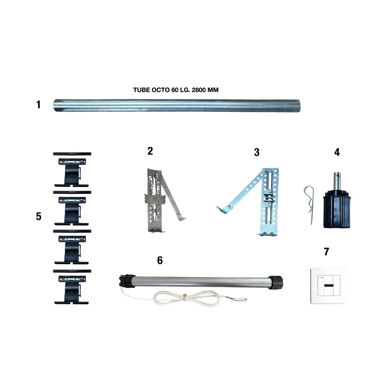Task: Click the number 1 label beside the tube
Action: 38,104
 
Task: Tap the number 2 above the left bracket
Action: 151,151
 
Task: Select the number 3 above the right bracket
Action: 257,152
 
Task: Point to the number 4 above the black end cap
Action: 337,152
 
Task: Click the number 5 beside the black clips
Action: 39,216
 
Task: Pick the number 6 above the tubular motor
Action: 160,261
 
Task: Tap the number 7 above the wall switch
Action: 326,252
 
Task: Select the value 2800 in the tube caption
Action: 198,90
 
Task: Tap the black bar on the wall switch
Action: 328,286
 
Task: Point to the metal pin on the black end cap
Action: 337,181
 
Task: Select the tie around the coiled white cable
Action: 185,297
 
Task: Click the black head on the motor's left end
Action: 127,281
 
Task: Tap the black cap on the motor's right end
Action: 276,282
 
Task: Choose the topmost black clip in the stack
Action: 72,170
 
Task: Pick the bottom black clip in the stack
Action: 72,287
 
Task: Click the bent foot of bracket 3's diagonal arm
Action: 221,210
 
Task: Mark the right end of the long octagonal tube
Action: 299,106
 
